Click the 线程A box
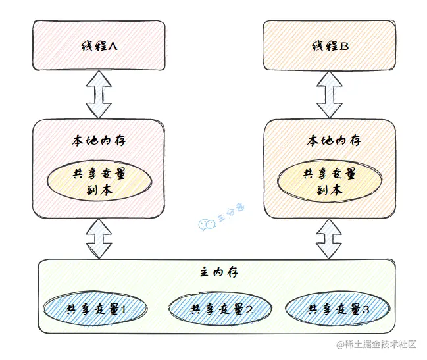pyautogui.click(x=98, y=45)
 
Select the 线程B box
pyautogui.click(x=329, y=45)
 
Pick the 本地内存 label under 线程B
pyautogui.click(x=329, y=141)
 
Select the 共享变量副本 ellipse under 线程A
pyautogui.click(x=98, y=181)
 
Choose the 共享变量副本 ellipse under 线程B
pyautogui.click(x=329, y=181)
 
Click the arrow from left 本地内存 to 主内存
pyautogui.click(x=99, y=238)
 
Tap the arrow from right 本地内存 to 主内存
pyautogui.click(x=330, y=238)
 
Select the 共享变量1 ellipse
pyautogui.click(x=95, y=308)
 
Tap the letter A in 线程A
pyautogui.click(x=113, y=47)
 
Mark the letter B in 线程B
pyautogui.click(x=344, y=47)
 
